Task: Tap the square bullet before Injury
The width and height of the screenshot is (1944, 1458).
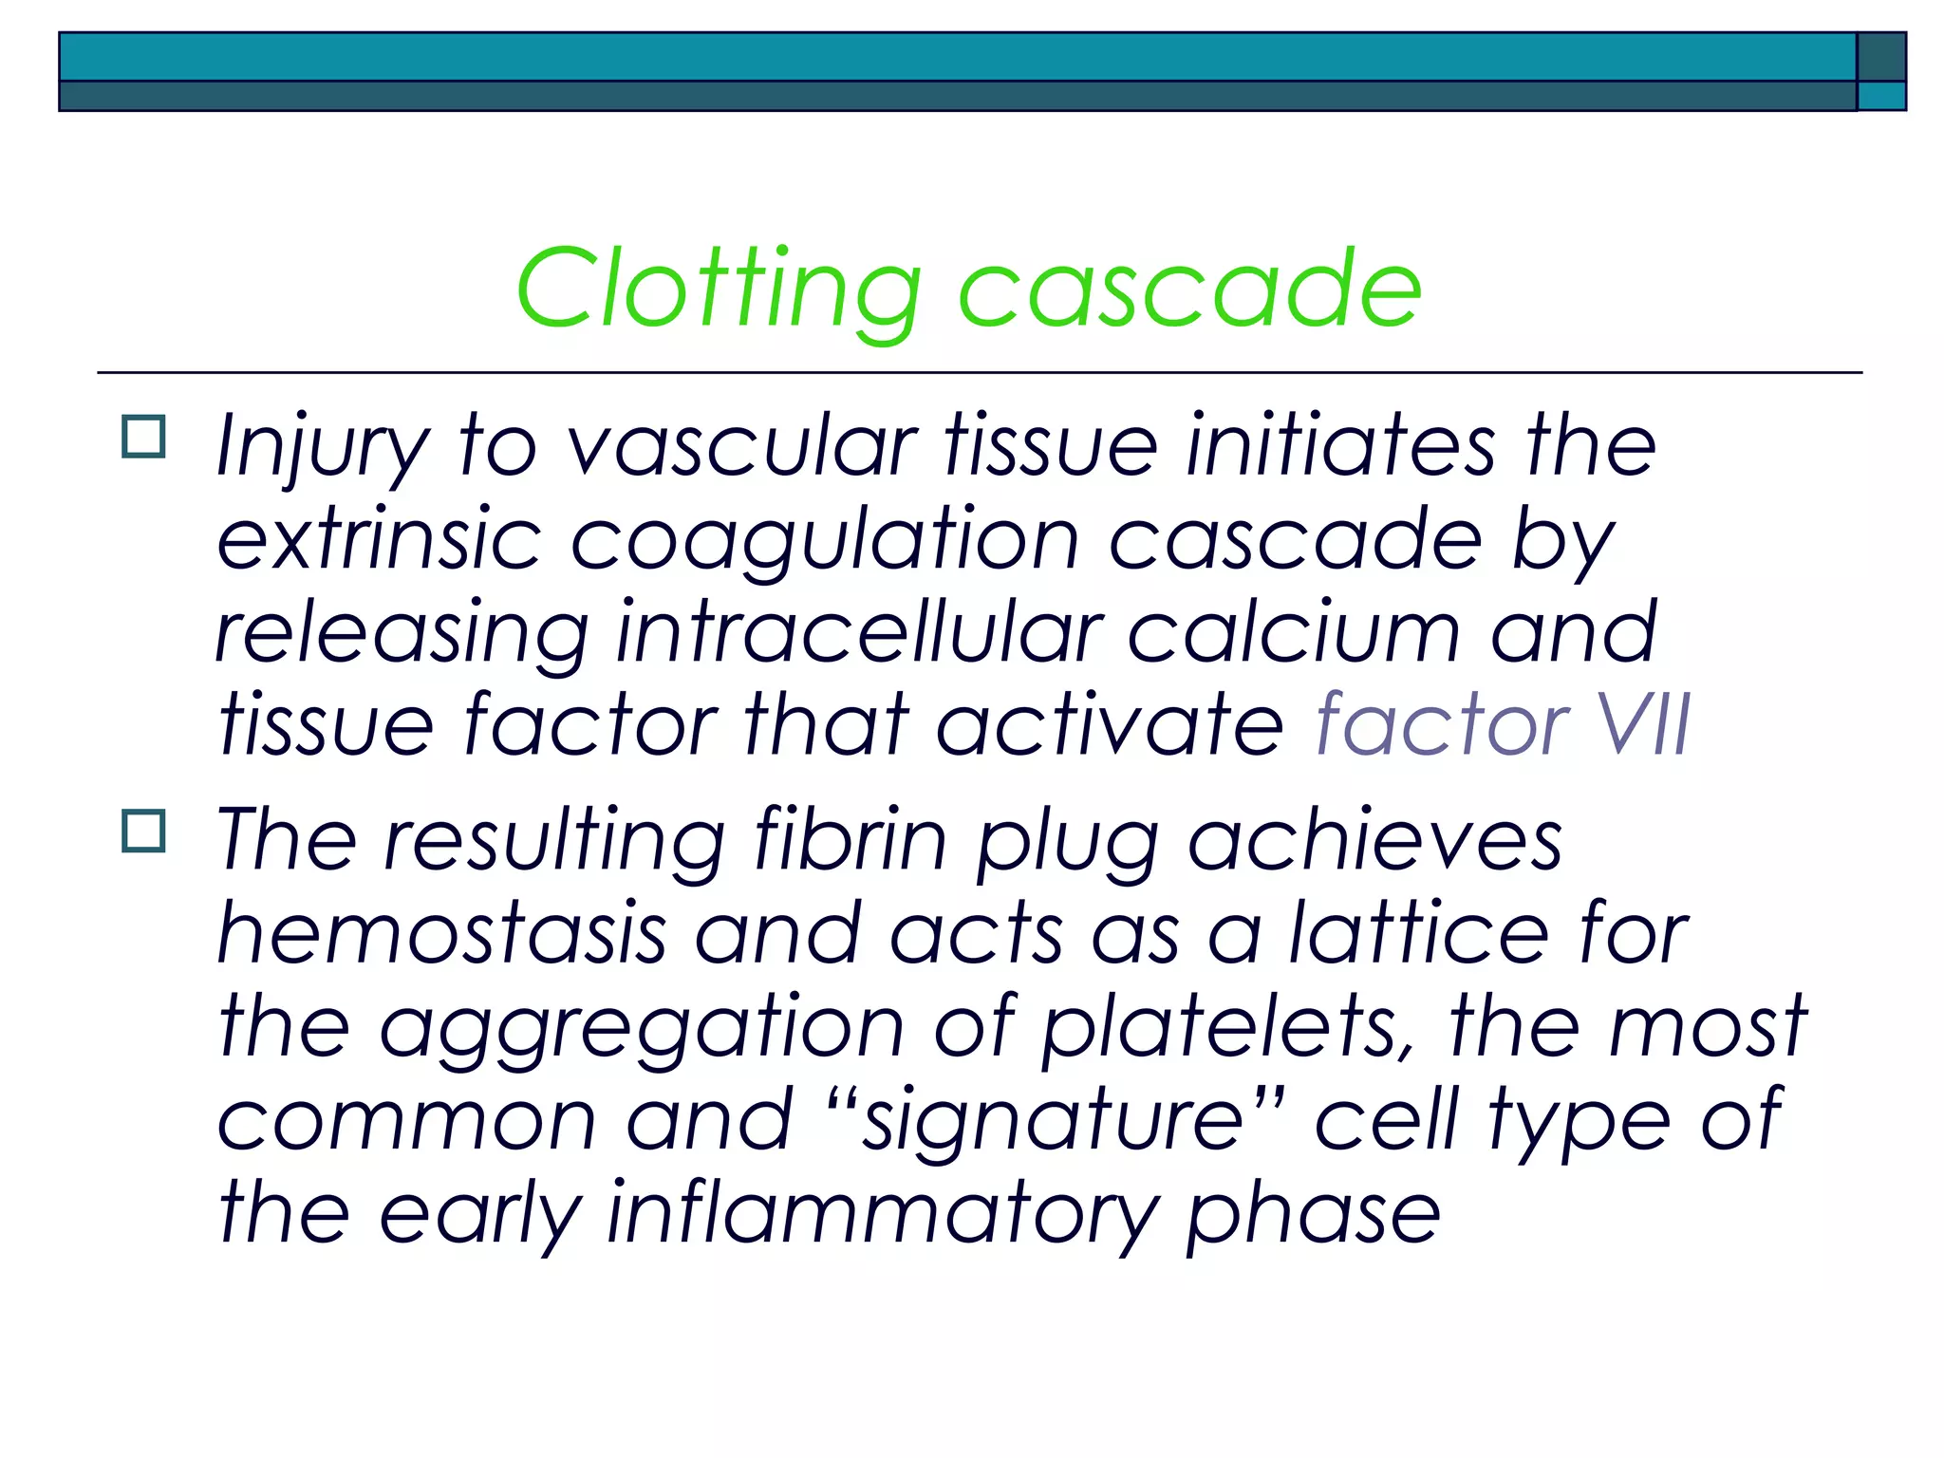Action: point(143,437)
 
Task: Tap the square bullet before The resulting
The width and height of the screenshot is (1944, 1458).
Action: point(143,831)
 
